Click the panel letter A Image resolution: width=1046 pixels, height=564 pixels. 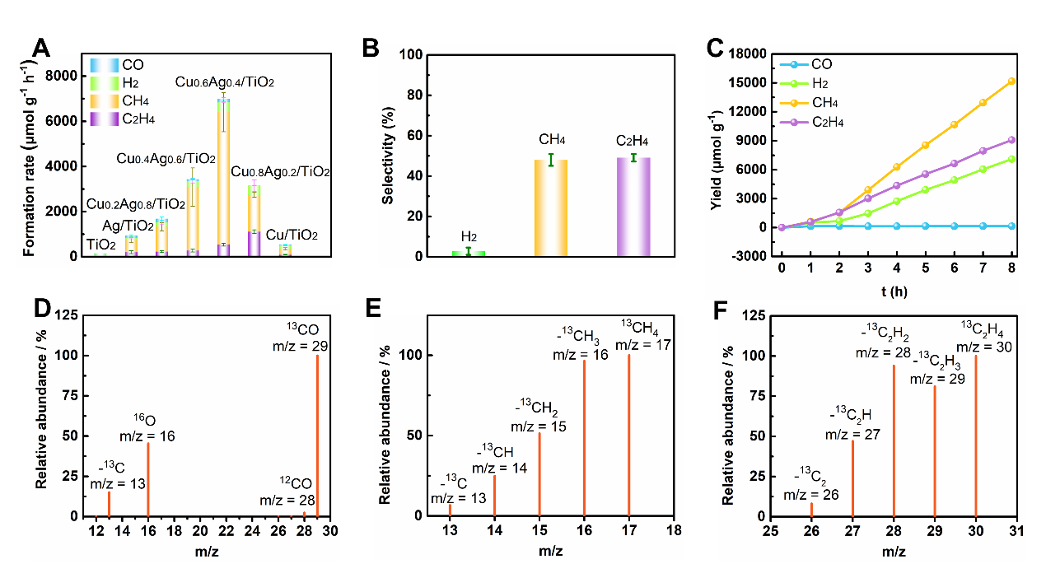pyautogui.click(x=41, y=49)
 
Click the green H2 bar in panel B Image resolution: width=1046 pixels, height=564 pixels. pyautogui.click(x=469, y=254)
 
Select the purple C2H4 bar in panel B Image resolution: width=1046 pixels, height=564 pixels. pyautogui.click(x=633, y=207)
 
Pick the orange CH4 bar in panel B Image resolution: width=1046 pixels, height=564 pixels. pyautogui.click(x=551, y=208)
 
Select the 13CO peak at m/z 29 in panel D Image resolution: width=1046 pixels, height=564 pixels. pyautogui.click(x=317, y=436)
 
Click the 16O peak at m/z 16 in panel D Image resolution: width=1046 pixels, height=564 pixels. pyautogui.click(x=148, y=479)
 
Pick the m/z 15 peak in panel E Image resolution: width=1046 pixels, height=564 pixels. pyautogui.click(x=539, y=474)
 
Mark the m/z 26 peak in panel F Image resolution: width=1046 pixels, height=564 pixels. pyautogui.click(x=811, y=509)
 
